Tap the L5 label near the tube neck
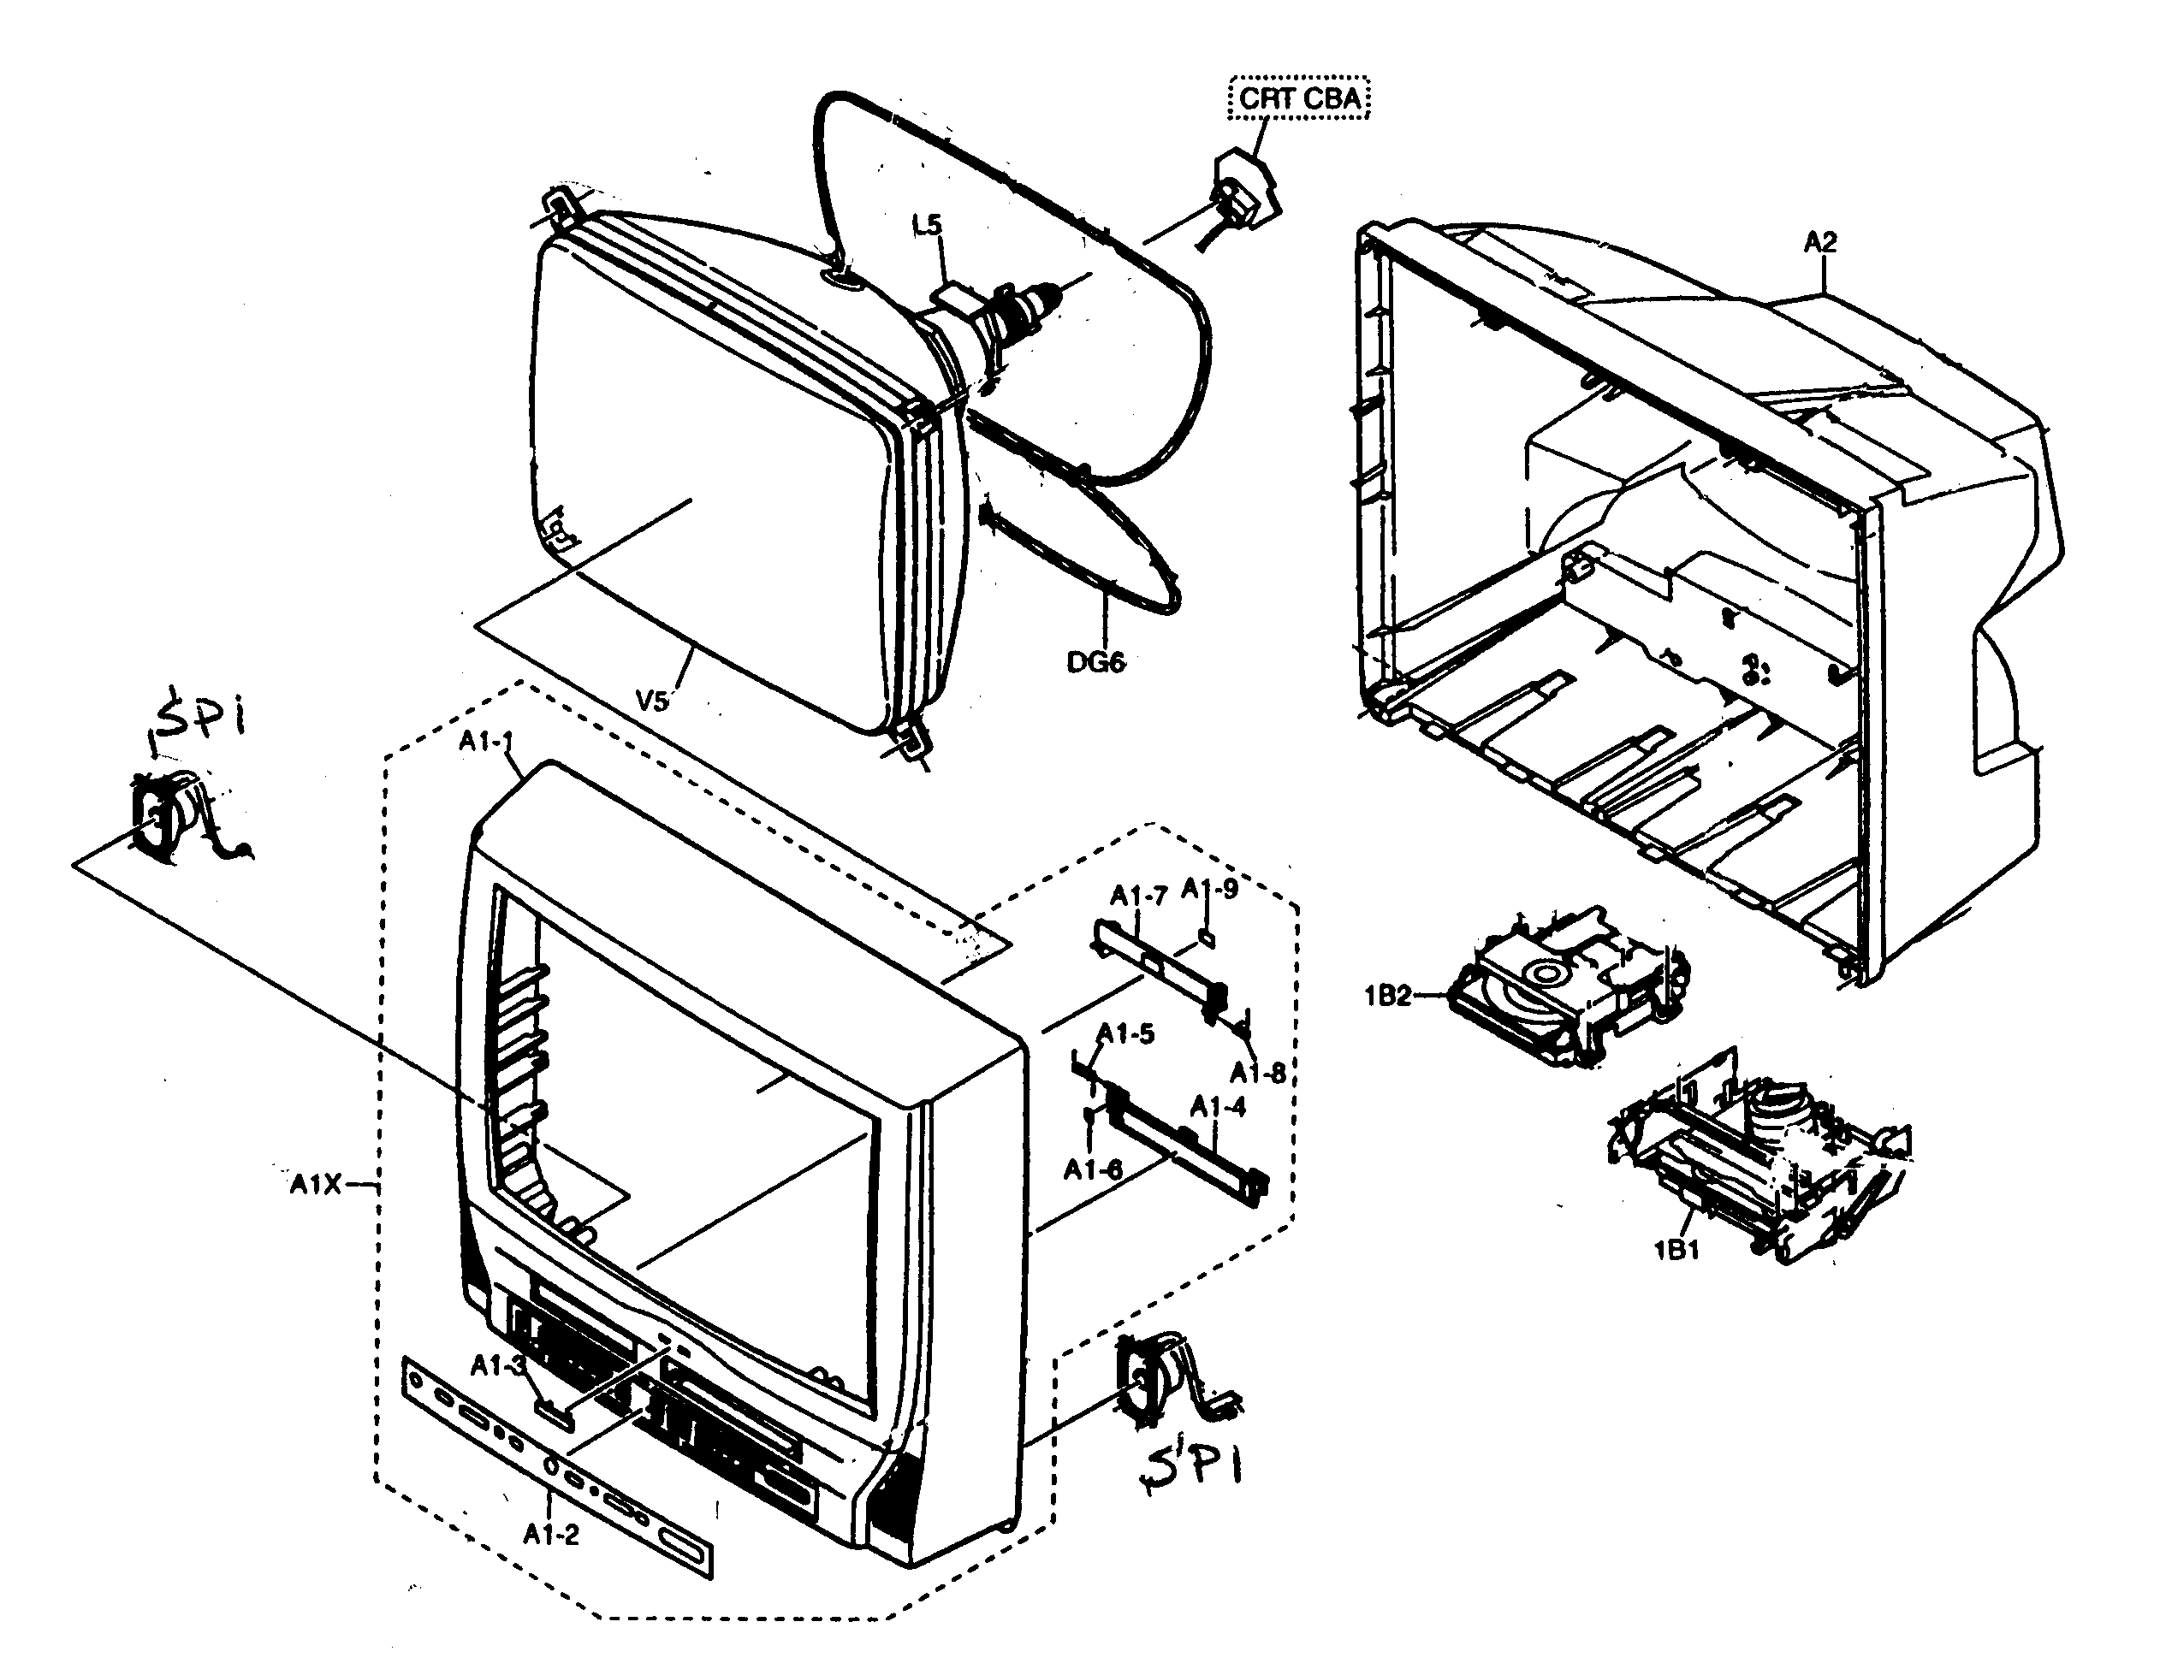927,226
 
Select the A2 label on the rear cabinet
1819,241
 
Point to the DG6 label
1095,661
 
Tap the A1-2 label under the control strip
551,1534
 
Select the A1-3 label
496,1365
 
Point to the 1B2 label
1387,996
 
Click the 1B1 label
1676,1250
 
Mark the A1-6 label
1092,1169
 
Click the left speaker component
168,814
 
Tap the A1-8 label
1257,1072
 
